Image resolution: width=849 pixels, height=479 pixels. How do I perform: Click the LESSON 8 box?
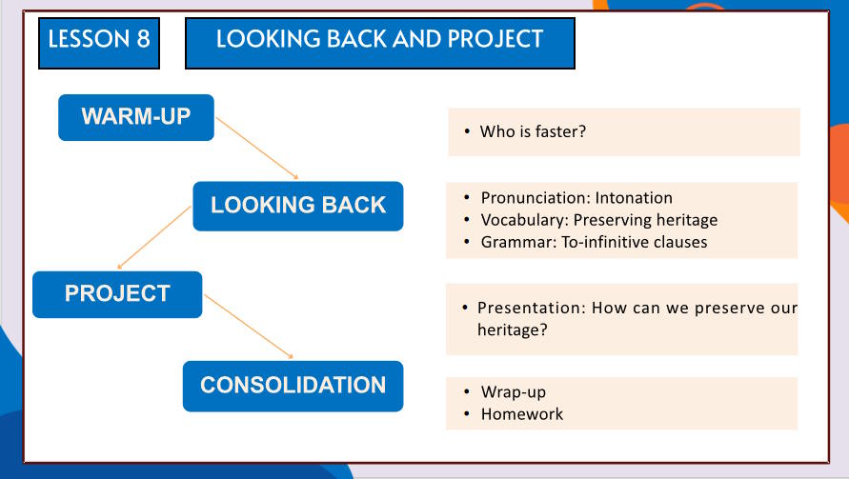(99, 43)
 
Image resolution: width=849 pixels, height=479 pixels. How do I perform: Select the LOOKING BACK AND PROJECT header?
(379, 43)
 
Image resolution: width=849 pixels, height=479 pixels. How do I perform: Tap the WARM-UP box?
(136, 117)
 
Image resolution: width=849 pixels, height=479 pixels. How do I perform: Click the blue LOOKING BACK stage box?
(298, 207)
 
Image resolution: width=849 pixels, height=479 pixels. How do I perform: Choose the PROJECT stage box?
(117, 294)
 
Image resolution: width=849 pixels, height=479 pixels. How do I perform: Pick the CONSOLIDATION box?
(293, 387)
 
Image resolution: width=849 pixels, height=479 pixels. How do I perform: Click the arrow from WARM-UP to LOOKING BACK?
(257, 149)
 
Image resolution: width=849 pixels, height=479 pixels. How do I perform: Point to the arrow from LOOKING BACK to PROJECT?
(154, 237)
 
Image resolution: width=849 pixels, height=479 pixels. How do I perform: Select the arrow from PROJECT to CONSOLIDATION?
(249, 327)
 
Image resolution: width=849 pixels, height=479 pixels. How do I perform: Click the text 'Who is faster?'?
(533, 131)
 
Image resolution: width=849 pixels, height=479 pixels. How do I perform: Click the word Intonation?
(634, 197)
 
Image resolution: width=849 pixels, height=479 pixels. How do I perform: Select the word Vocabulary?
(524, 220)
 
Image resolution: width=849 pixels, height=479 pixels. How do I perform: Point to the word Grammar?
(518, 241)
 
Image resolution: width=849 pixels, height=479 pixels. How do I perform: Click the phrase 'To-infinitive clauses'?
(634, 241)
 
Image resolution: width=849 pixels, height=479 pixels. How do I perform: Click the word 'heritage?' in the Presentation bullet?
(513, 329)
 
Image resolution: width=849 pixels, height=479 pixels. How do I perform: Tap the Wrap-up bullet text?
(514, 391)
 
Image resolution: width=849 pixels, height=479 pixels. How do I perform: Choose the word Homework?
(522, 414)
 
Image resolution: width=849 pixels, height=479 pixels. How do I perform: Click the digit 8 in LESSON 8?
(143, 39)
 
